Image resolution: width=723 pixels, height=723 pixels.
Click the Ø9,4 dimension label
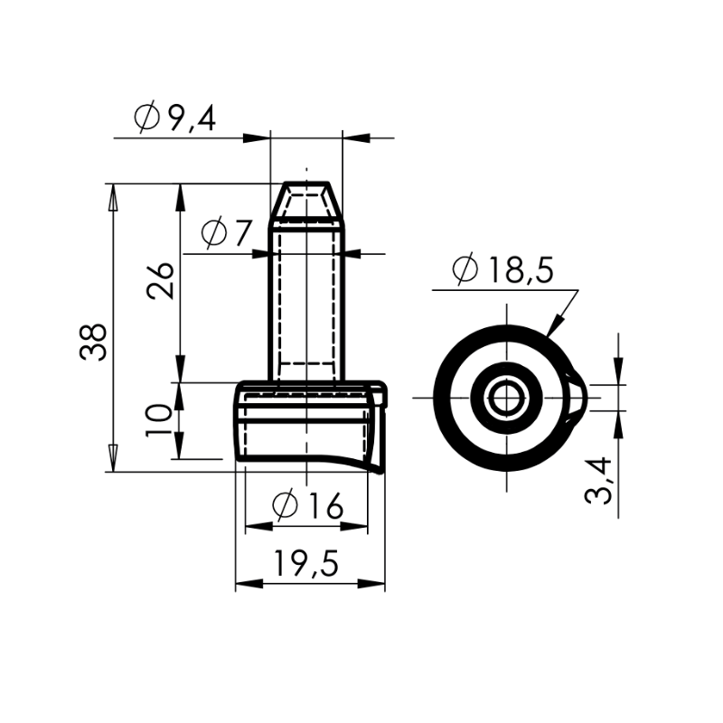click(174, 119)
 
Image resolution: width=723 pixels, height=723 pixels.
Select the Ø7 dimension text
click(228, 232)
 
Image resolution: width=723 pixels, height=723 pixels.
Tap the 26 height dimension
click(160, 281)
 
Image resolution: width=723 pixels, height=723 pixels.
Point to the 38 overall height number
click(93, 342)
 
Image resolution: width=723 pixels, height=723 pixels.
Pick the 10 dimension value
click(158, 420)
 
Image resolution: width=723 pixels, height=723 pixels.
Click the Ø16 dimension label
click(307, 506)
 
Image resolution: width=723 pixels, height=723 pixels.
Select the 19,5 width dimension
click(306, 563)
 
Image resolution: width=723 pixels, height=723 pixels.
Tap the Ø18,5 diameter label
click(502, 269)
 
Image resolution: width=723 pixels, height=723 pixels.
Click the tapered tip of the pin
click(306, 200)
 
